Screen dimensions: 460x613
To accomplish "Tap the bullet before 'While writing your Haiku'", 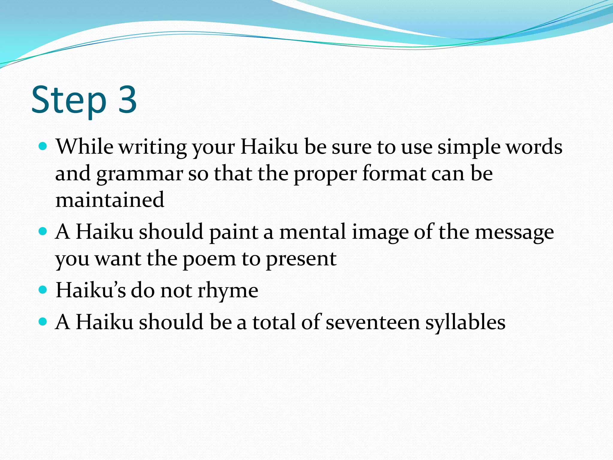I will (x=43, y=146).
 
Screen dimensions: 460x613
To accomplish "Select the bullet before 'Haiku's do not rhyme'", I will (x=43, y=290).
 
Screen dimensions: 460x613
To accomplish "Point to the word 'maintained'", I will (x=110, y=200).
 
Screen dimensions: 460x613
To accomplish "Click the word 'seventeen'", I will (x=373, y=322).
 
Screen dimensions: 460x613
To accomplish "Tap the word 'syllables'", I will (x=465, y=323).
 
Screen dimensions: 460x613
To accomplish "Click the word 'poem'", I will (x=209, y=259).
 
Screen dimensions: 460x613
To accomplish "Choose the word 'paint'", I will (x=233, y=232).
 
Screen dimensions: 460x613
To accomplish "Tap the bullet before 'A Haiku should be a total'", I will (x=43, y=322).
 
